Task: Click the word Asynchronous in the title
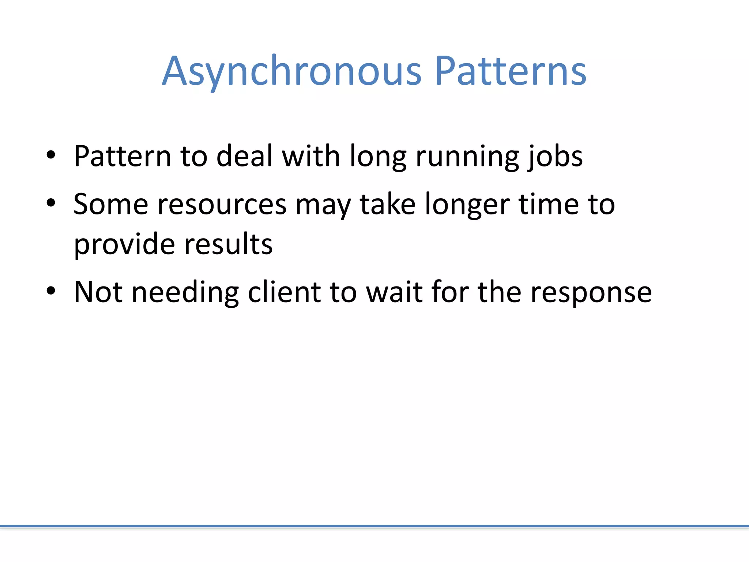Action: (291, 71)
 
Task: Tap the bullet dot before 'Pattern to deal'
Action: (51, 155)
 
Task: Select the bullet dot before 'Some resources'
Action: (51, 203)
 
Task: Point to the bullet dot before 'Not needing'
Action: (51, 291)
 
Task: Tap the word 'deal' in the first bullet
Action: (245, 157)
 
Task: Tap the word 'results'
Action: (228, 244)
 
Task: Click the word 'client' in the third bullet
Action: (285, 292)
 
